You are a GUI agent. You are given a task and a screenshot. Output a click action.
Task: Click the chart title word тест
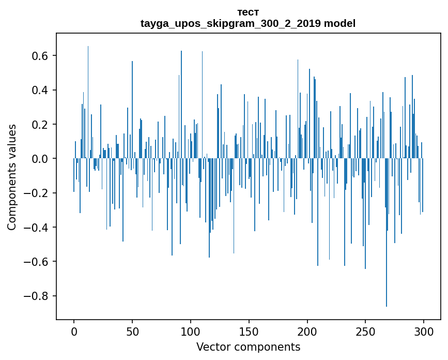(248, 12)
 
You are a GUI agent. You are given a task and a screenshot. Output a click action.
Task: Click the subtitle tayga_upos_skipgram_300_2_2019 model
(248, 23)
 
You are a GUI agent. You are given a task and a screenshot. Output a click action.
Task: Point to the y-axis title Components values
(12, 177)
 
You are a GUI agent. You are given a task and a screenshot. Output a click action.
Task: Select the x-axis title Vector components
(248, 347)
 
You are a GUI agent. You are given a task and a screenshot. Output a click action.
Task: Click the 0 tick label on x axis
(74, 331)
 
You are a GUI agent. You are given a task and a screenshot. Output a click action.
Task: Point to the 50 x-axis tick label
(132, 331)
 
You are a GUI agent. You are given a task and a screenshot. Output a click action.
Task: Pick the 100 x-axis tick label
(191, 331)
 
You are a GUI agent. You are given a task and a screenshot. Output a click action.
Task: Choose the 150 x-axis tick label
(249, 331)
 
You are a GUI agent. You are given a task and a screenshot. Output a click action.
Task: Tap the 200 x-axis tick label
(307, 331)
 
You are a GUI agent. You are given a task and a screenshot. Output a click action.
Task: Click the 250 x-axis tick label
(365, 331)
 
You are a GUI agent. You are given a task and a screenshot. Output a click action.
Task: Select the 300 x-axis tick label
(424, 331)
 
